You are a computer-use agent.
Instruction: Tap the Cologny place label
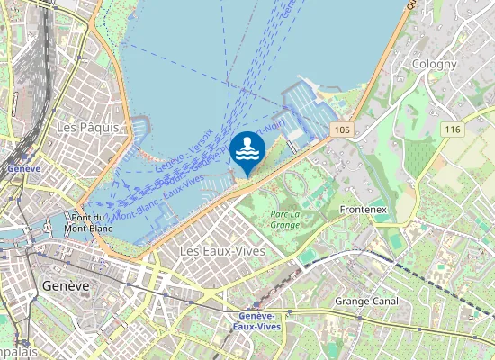click(435, 64)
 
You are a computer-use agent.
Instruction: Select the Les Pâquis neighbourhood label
click(87, 127)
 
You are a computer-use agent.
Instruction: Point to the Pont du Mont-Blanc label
click(88, 222)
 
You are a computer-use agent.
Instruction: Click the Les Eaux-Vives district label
click(222, 250)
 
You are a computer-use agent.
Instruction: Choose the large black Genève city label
click(66, 285)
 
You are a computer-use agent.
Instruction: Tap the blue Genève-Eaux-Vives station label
click(261, 320)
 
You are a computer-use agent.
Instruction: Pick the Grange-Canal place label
click(367, 300)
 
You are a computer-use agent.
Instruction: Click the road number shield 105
click(340, 130)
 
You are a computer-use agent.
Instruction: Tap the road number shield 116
click(452, 130)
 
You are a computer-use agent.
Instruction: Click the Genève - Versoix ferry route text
click(184, 151)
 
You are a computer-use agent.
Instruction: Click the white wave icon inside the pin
click(247, 151)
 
